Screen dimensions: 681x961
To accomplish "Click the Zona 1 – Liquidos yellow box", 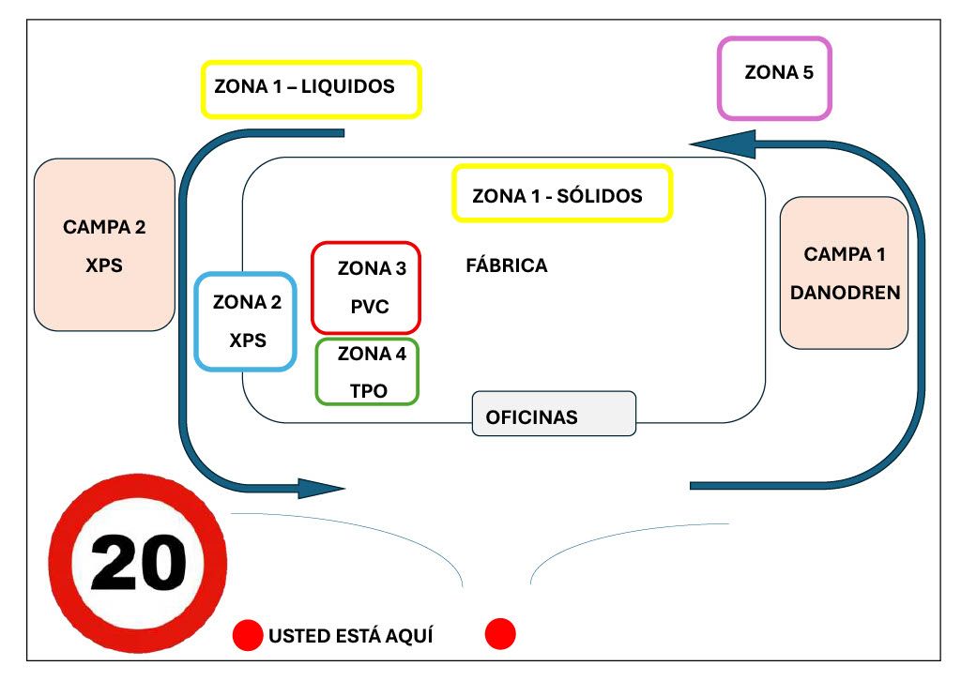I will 312,89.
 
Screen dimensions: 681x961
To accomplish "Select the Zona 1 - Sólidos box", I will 562,194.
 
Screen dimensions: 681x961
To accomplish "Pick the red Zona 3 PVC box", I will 366,287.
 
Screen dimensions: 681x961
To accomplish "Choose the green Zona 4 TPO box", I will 367,371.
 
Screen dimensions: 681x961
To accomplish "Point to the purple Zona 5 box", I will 774,78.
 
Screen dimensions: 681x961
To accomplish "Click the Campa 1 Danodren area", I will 844,272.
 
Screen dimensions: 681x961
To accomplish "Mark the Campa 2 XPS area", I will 104,244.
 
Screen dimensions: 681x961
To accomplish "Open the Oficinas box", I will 554,414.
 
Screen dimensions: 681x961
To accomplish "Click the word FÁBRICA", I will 507,265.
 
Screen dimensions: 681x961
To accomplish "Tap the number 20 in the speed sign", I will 138,564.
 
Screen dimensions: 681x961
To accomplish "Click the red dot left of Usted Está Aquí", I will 248,635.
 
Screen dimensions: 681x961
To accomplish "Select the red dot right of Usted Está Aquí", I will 500,634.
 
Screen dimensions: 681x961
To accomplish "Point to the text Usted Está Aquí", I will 351,636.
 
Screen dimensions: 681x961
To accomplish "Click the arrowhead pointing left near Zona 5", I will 723,144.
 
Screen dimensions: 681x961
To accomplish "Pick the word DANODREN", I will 845,293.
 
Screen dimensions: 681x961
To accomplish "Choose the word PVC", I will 370,307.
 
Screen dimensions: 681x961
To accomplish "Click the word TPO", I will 369,391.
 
